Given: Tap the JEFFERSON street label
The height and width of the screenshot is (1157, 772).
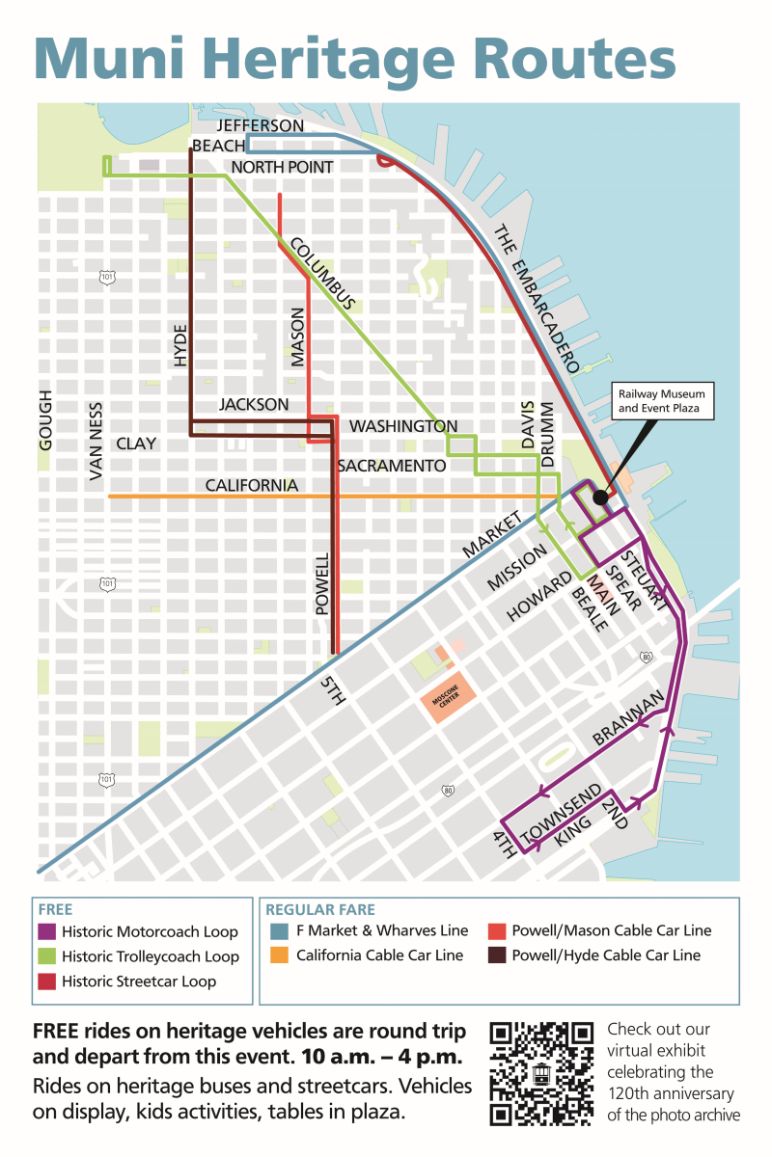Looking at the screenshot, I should point(261,126).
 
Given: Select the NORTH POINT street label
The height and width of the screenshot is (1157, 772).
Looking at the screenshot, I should point(282,168).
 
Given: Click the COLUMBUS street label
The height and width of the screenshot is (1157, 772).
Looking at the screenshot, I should point(323,274).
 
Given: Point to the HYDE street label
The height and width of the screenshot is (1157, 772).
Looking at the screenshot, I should point(180,345).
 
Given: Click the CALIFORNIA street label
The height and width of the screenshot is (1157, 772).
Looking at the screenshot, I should point(252,485).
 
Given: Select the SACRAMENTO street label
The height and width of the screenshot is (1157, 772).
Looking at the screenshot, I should point(391,466).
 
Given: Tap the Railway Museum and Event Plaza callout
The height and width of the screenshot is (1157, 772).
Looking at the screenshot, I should point(661,401).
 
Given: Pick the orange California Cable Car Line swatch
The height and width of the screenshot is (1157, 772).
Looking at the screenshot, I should point(279,955).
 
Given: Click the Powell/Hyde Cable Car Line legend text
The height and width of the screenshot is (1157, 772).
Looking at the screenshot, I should point(605,955).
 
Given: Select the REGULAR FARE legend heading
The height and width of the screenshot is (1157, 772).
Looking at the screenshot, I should point(320,909).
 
